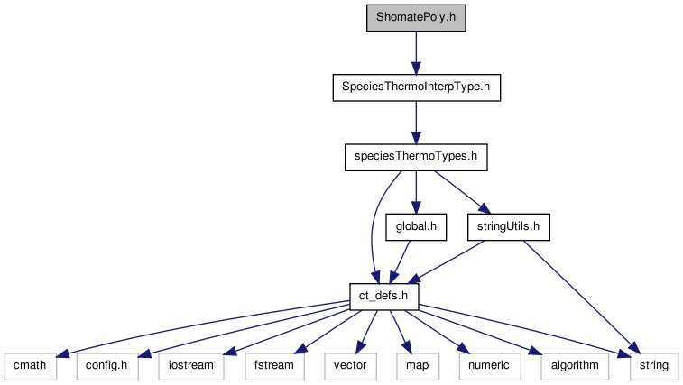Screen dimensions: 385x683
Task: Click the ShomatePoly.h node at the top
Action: click(416, 19)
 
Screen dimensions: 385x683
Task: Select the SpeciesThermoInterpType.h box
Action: click(416, 88)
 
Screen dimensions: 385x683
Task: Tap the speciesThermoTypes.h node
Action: click(416, 158)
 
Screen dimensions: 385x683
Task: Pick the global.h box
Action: click(416, 227)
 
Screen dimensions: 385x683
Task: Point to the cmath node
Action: click(30, 366)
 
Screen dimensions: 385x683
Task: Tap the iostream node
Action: click(192, 366)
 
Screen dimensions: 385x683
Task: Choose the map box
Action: click(415, 366)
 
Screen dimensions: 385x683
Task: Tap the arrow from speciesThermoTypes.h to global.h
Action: click(416, 192)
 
